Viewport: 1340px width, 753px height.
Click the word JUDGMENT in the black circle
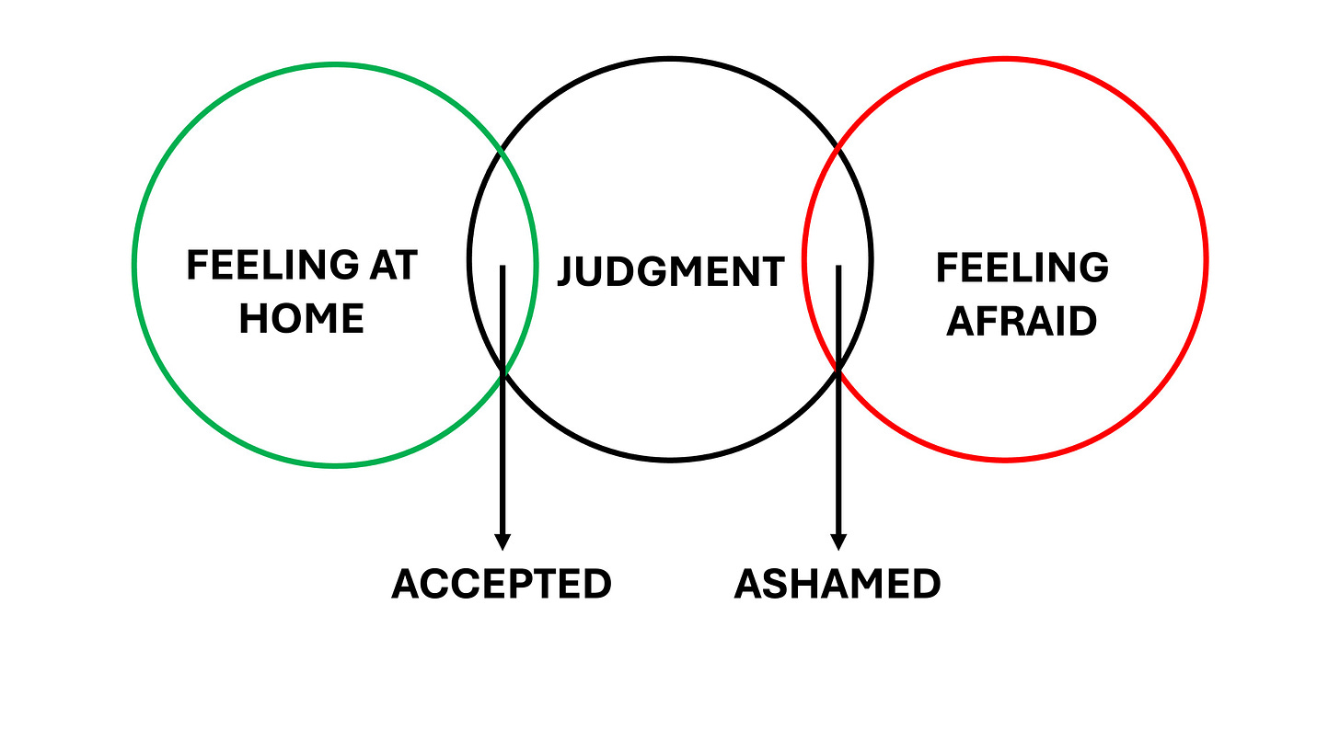click(x=671, y=272)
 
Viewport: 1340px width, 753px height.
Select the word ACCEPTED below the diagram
click(x=502, y=584)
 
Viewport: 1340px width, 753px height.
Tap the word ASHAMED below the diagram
click(x=837, y=584)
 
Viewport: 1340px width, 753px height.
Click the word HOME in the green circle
click(x=302, y=318)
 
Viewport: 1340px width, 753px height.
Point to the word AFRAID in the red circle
click(x=1022, y=322)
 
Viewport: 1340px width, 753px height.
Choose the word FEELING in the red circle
click(x=1022, y=268)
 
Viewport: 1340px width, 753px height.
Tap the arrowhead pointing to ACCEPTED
click(x=502, y=542)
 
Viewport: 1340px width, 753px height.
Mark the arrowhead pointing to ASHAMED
click(x=838, y=542)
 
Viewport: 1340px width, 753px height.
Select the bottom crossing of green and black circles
click(x=503, y=371)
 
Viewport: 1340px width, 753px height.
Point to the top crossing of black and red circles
click(x=836, y=147)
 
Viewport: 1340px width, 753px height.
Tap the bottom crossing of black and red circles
click(x=838, y=370)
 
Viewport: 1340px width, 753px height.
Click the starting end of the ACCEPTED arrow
click(x=502, y=268)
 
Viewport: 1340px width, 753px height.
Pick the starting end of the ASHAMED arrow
click(x=838, y=268)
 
